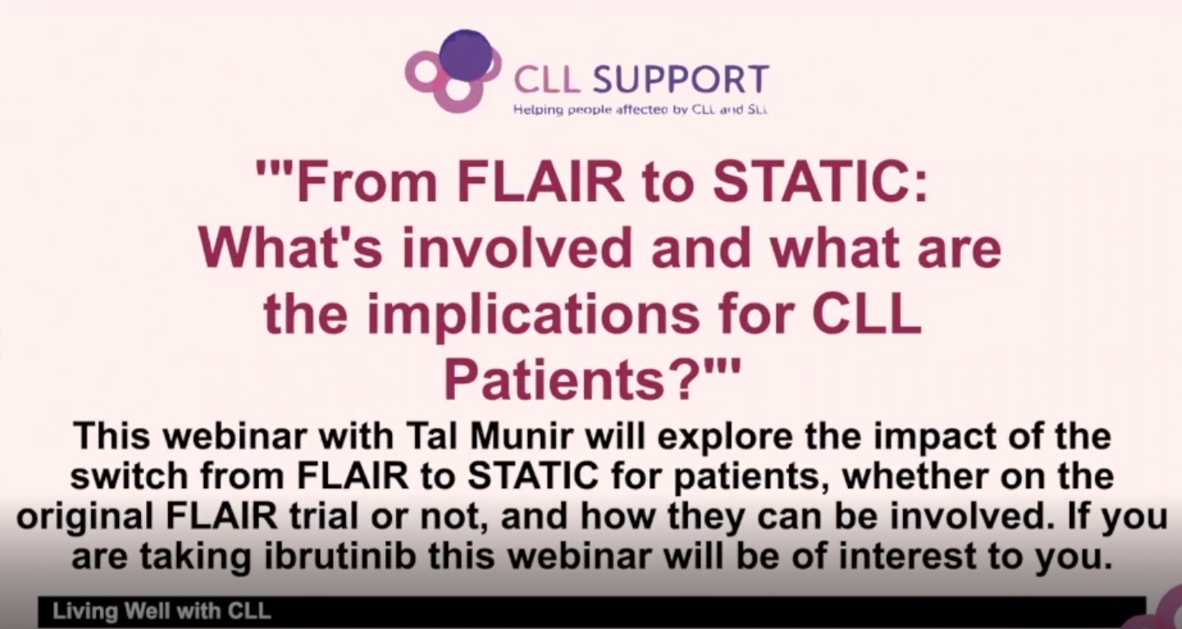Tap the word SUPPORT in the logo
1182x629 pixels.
[x=680, y=80]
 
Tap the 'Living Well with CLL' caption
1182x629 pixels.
[x=161, y=612]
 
